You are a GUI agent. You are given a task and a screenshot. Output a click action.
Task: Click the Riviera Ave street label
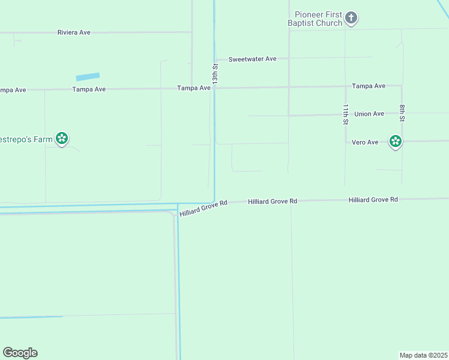74,32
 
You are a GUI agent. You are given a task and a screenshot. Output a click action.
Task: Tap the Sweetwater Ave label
254,59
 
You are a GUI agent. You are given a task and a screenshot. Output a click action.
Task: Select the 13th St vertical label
214,71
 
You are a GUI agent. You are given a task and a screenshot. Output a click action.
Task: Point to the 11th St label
346,114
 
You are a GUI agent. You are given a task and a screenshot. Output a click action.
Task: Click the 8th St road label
402,114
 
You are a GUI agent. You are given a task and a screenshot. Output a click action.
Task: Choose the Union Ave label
369,114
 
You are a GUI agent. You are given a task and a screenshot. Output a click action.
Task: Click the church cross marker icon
351,19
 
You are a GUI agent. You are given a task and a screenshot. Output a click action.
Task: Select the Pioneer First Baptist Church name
318,19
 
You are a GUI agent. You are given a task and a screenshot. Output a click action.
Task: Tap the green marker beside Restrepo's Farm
61,139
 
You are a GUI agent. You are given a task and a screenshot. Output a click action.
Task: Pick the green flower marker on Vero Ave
395,142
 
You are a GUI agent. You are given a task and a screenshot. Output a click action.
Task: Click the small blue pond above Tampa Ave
88,77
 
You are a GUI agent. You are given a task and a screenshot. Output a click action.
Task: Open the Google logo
20,353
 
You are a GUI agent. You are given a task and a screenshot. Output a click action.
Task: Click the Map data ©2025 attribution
423,355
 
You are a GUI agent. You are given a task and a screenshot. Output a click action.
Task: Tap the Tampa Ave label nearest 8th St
369,86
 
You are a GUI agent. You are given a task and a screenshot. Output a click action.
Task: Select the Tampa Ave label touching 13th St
194,88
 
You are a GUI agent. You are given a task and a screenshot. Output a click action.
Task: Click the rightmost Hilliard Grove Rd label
373,199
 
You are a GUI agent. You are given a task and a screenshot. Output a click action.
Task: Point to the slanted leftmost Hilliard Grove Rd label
203,208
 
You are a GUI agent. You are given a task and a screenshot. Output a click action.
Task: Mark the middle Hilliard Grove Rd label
273,202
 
